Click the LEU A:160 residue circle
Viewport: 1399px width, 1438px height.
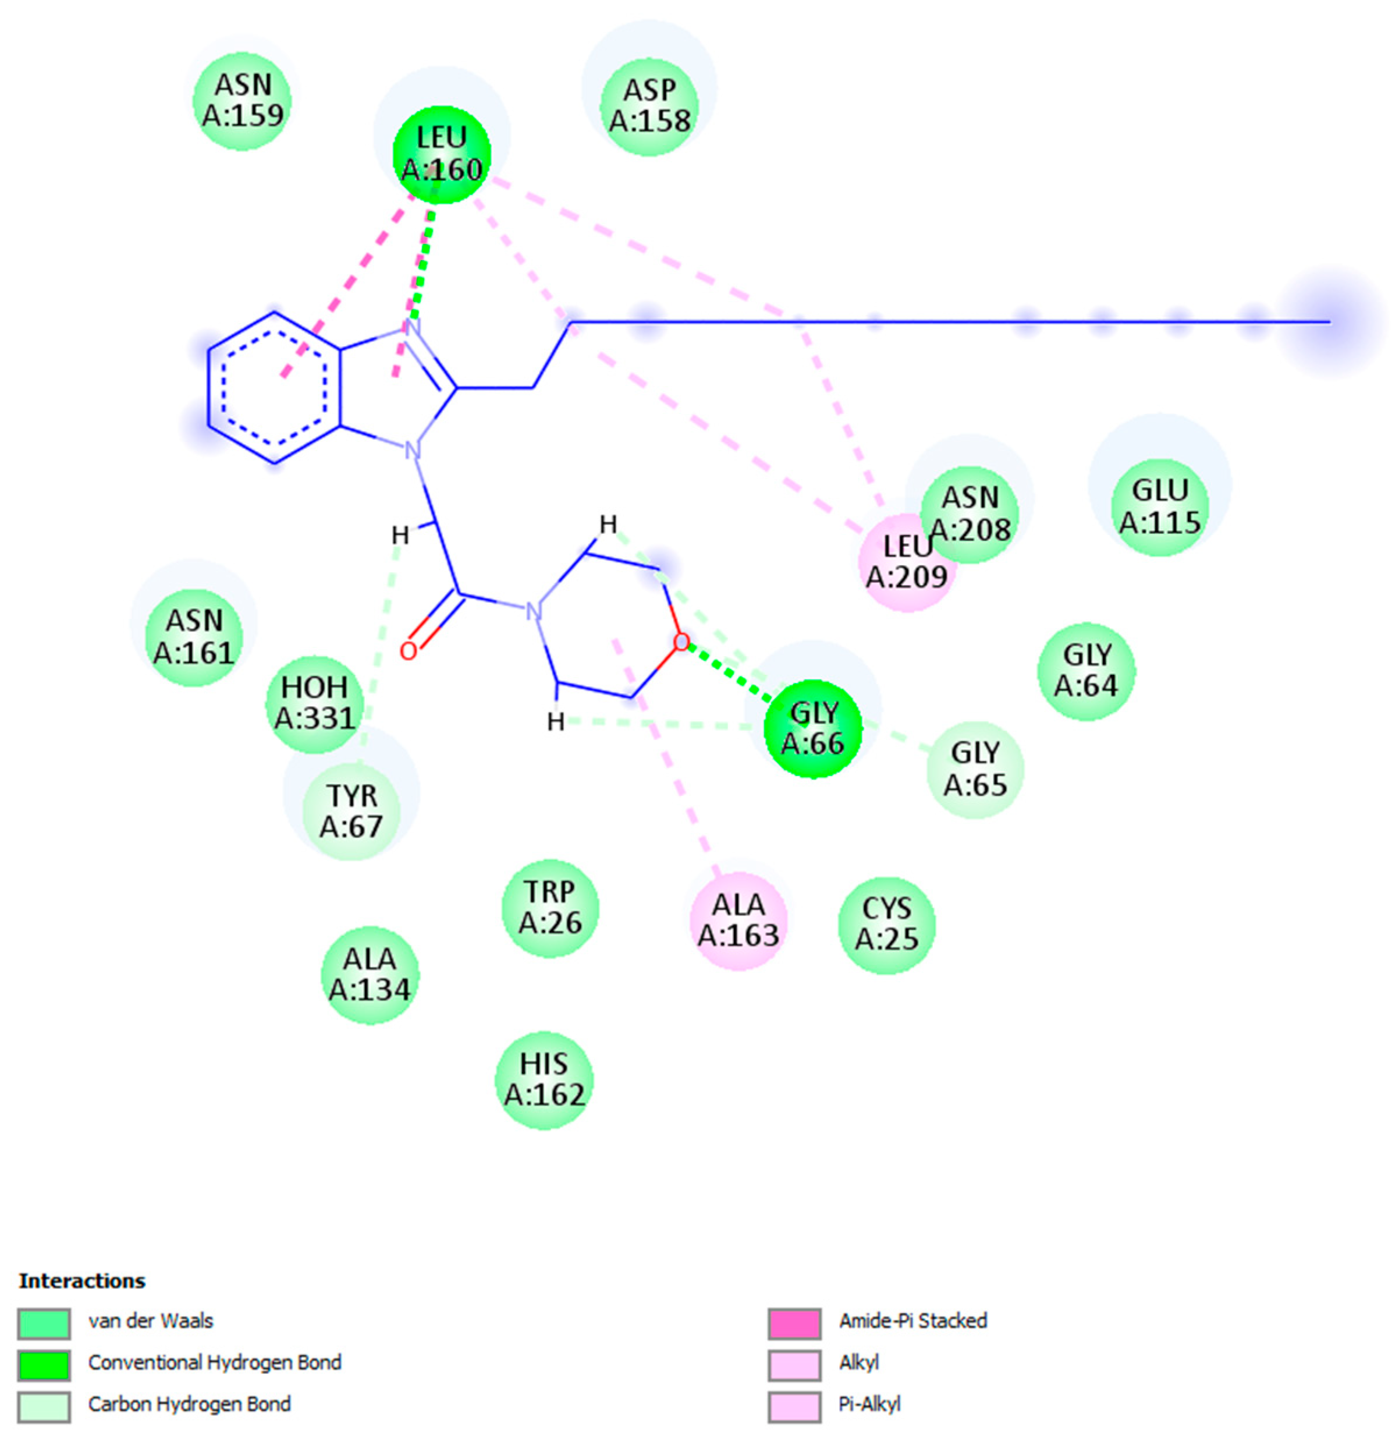coord(441,154)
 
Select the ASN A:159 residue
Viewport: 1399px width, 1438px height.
coord(243,100)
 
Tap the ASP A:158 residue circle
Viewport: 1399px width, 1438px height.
coord(649,106)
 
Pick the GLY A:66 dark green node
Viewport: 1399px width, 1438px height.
coord(812,728)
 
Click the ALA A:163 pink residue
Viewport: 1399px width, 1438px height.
coord(738,920)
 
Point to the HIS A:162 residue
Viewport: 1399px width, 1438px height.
coord(544,1079)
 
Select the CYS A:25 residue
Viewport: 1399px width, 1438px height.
coord(887,924)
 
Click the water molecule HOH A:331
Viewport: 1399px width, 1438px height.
coord(314,703)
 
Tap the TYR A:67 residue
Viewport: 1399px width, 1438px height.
coord(352,811)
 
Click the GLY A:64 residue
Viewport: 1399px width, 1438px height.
coord(1086,671)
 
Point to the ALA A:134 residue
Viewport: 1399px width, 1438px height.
coord(370,974)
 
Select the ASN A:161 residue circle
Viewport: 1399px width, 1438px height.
coord(194,637)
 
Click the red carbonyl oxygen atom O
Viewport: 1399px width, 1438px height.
coord(409,651)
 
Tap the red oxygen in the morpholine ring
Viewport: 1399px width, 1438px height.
coord(681,642)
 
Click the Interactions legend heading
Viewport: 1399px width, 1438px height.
coord(82,1281)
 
